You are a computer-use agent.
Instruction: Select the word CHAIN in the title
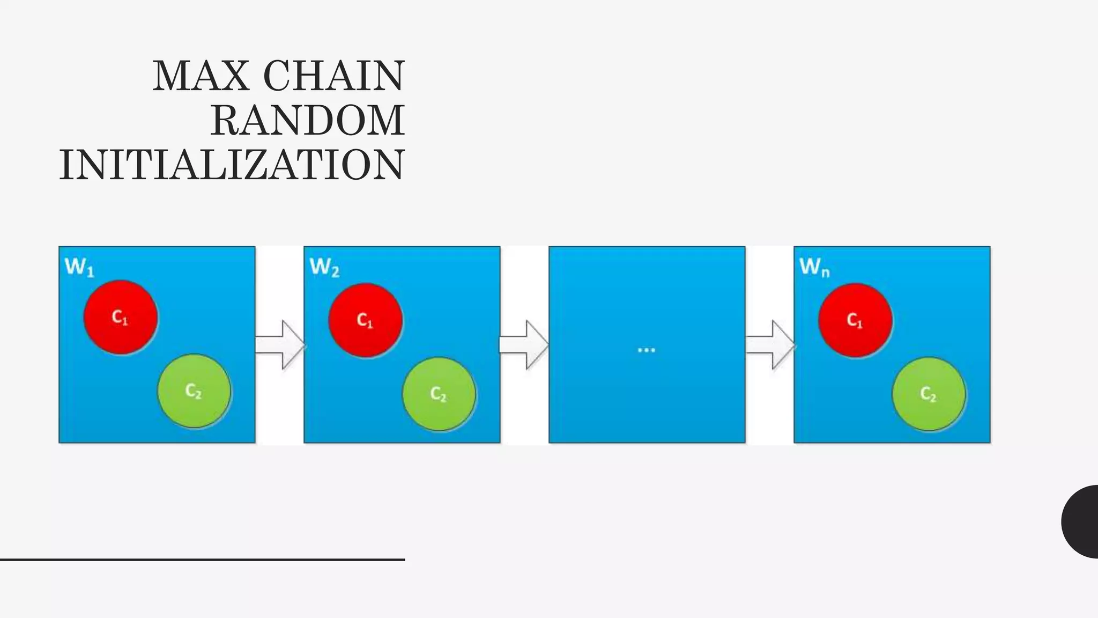pos(333,76)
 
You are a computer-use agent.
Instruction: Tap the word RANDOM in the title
pos(308,121)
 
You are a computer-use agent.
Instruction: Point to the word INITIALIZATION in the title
pos(232,165)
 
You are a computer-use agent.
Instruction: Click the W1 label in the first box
pos(79,267)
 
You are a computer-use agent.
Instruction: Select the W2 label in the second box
pos(324,267)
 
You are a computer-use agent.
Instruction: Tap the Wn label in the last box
pos(814,267)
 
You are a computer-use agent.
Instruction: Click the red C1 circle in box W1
pos(121,317)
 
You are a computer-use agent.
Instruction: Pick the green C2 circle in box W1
pos(194,391)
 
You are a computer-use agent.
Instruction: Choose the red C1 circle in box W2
pos(366,320)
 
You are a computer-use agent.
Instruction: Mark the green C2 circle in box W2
pos(439,394)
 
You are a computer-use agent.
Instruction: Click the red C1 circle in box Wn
pos(855,320)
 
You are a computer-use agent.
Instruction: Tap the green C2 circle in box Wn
pos(929,394)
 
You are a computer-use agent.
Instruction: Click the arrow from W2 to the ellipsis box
pos(524,344)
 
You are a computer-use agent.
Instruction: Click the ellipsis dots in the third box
pos(647,350)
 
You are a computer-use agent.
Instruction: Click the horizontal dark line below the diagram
pos(202,560)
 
